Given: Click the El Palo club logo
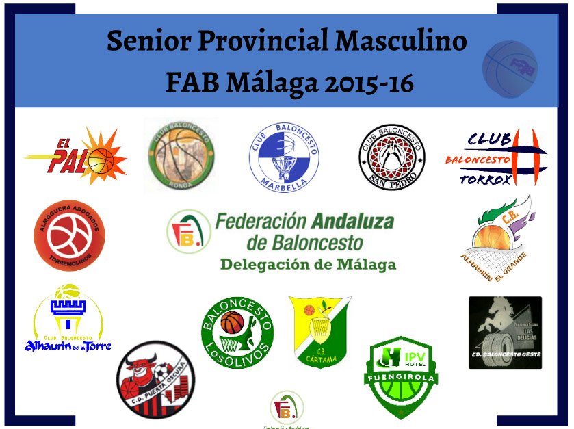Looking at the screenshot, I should coord(75,157).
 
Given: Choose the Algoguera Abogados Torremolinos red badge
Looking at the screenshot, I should coord(69,234).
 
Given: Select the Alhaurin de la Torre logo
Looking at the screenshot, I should coord(72,319).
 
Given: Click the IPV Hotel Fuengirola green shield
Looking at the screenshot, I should coord(401,376).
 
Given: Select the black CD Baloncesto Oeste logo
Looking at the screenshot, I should coord(505,333).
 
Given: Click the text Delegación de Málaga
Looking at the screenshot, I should coord(308,264).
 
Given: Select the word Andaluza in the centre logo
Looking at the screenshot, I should coord(352,222).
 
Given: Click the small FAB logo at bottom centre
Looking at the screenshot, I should coord(287,409).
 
